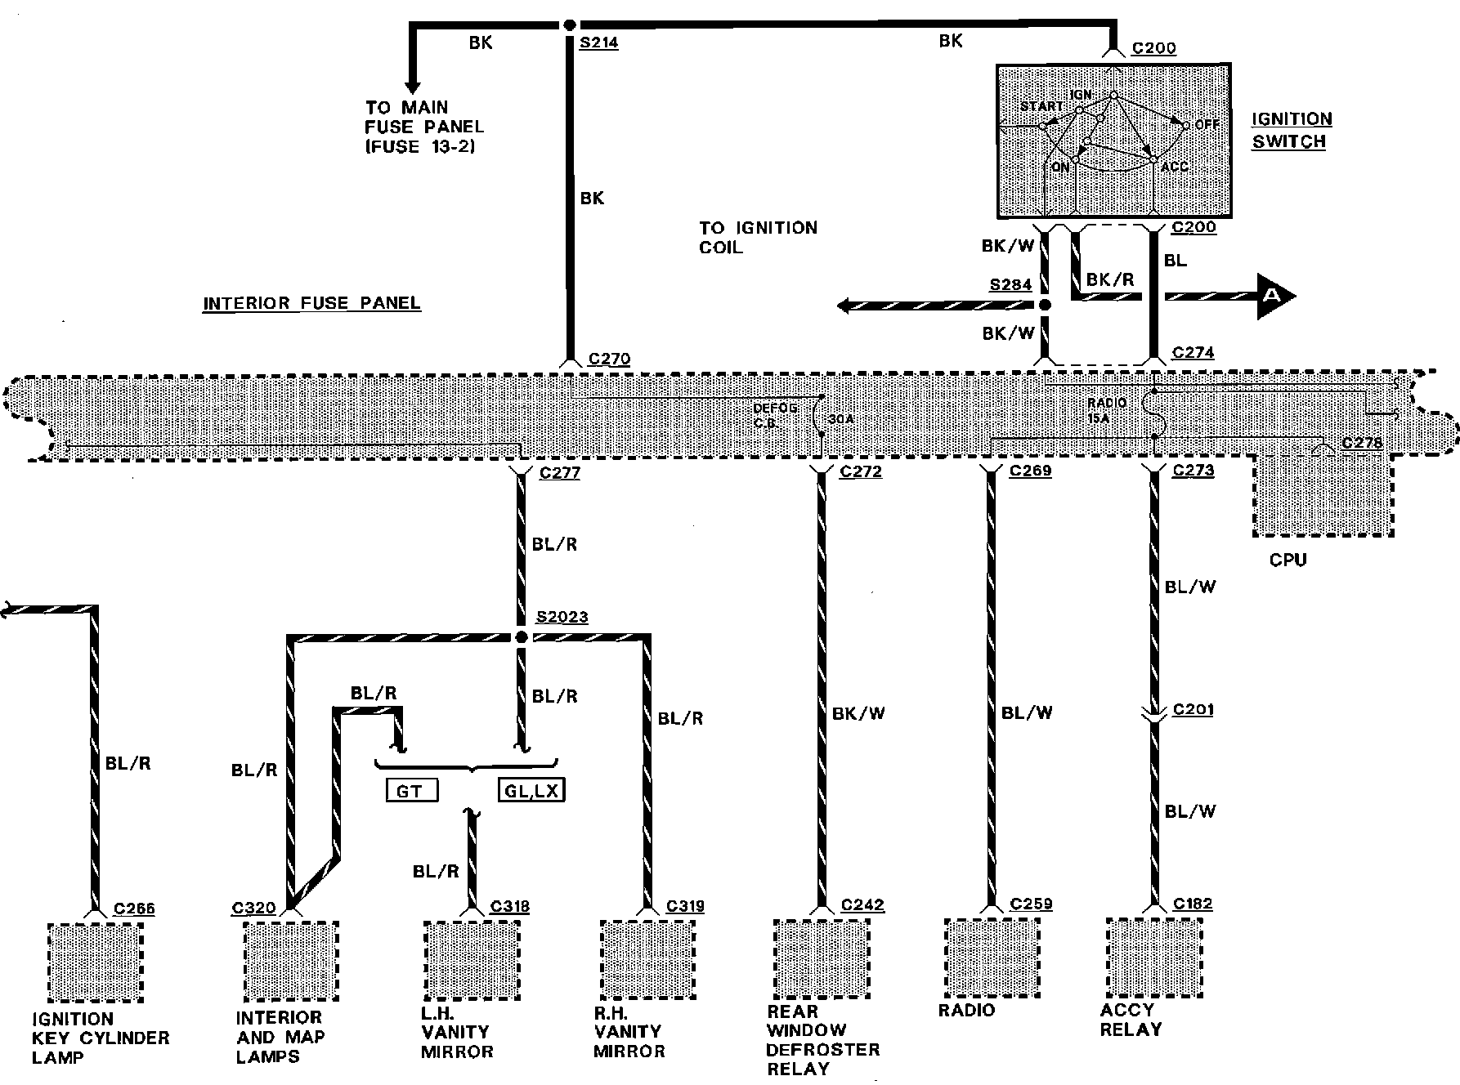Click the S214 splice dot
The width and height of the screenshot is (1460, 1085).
(570, 25)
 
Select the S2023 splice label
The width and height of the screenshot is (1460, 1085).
(562, 618)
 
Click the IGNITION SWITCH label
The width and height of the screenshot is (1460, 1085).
(1292, 130)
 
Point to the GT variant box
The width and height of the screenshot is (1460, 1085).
(411, 790)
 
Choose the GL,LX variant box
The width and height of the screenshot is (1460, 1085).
(531, 790)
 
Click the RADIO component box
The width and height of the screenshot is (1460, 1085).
(992, 957)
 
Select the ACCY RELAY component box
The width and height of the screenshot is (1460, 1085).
(1153, 957)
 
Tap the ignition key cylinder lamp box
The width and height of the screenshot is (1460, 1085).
(95, 962)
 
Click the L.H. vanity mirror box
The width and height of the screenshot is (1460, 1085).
(471, 960)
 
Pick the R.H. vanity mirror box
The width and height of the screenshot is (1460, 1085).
(647, 960)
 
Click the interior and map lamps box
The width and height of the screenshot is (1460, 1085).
(290, 961)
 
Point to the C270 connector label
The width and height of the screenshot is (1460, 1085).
(609, 359)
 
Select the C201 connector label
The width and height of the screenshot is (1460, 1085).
(1193, 709)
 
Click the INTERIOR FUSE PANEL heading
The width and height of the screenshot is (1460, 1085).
(311, 303)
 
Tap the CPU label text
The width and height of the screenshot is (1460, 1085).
(1288, 560)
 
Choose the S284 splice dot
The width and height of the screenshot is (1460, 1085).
(1044, 305)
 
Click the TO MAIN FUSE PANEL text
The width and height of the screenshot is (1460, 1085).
(424, 127)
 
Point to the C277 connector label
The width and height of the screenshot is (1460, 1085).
(559, 472)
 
